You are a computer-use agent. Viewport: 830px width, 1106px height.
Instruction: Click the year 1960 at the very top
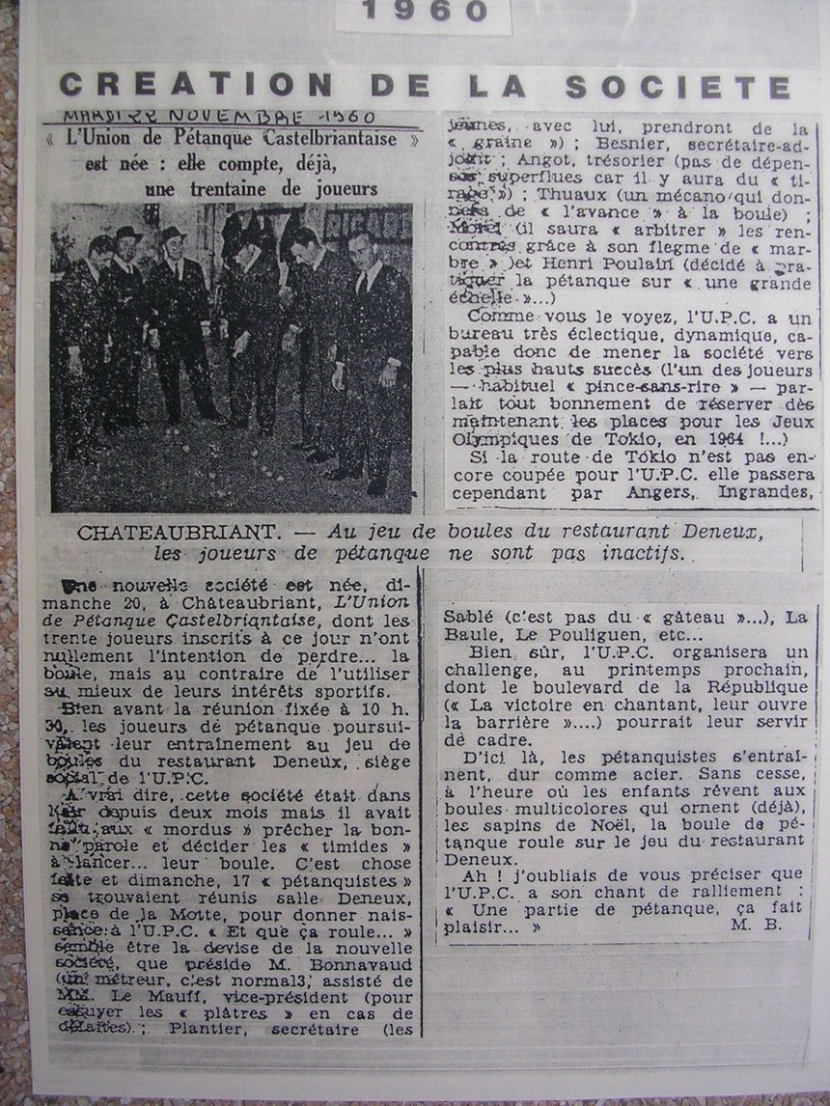[x=425, y=12]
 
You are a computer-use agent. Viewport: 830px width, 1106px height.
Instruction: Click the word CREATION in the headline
[x=155, y=86]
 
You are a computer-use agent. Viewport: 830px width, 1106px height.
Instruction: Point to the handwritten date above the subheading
[x=219, y=118]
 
